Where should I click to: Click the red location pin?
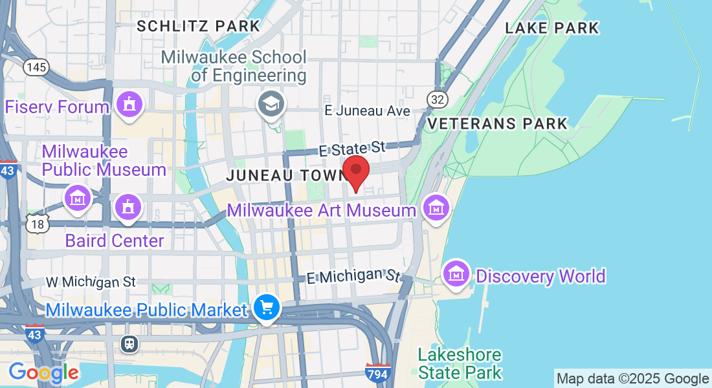coord(355,171)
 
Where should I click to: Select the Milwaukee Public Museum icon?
coord(78,197)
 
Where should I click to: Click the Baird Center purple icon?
coord(128,208)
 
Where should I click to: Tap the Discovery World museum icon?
coord(457,274)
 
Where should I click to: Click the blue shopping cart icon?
coord(267,307)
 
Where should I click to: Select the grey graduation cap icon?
coord(271,103)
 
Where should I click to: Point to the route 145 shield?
coord(36,67)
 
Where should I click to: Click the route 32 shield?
coord(436,99)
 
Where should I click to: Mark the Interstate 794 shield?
coord(377,373)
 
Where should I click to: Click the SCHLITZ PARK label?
coord(199,26)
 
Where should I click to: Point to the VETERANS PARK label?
coord(498,124)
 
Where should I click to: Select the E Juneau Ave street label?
coord(367,111)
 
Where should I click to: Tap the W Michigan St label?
coord(91,282)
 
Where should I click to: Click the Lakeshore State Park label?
coord(460,363)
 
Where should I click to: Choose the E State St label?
coord(352,149)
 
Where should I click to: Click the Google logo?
coord(43,372)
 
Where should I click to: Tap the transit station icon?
coord(129,343)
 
